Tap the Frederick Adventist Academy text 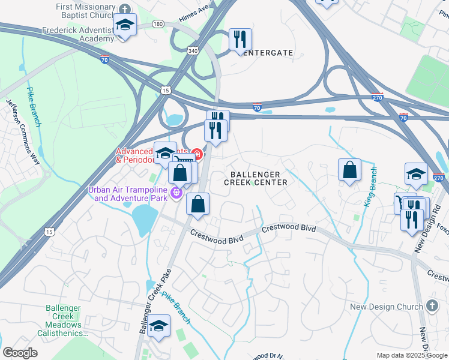coord(78,34)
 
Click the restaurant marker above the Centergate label coord(240,40)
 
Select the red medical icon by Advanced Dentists coord(196,155)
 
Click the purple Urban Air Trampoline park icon coord(176,193)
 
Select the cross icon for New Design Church coord(433,306)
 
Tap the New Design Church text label coord(386,307)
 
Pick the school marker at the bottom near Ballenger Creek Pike coord(159,327)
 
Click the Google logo coord(20,353)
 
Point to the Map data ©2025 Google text coord(412,355)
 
